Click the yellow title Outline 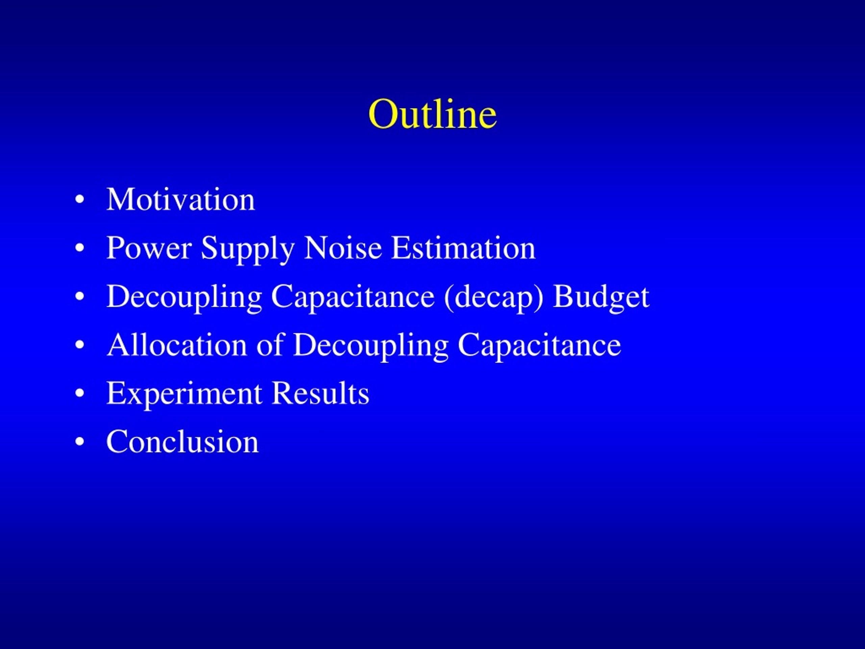pyautogui.click(x=432, y=114)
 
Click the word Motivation pyautogui.click(x=181, y=199)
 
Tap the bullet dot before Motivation pyautogui.click(x=79, y=199)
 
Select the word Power pyautogui.click(x=149, y=248)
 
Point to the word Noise pyautogui.click(x=343, y=248)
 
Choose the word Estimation pyautogui.click(x=463, y=248)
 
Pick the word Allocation pyautogui.click(x=177, y=345)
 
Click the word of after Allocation pyautogui.click(x=270, y=345)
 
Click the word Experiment pyautogui.click(x=184, y=394)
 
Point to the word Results pyautogui.click(x=320, y=393)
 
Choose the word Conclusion pyautogui.click(x=182, y=442)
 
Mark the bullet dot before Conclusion pyautogui.click(x=79, y=442)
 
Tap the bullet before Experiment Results pyautogui.click(x=79, y=393)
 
